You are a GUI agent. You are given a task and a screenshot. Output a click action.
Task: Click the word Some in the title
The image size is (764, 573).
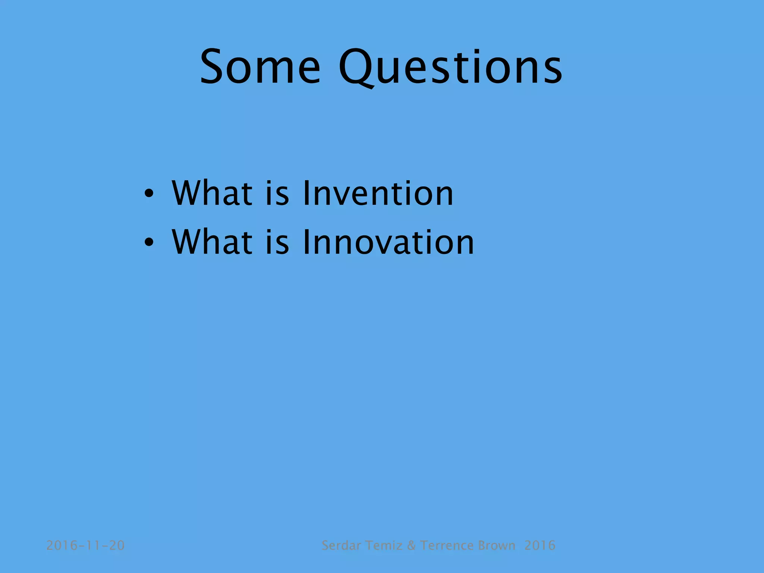[260, 67]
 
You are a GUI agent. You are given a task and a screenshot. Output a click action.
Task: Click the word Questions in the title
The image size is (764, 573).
[451, 67]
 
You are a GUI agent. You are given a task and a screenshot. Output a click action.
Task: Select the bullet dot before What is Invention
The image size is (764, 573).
[149, 194]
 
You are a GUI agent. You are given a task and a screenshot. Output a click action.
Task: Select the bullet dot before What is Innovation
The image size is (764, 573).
[149, 243]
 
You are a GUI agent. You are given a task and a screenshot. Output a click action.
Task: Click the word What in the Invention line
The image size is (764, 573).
[212, 193]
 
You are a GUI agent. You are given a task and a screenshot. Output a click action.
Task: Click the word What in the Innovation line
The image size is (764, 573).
[212, 242]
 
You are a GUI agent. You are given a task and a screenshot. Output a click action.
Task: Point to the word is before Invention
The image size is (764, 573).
[277, 193]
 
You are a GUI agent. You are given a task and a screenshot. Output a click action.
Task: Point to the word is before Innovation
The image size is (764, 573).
[277, 242]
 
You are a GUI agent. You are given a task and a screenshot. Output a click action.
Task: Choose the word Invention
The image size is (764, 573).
[378, 193]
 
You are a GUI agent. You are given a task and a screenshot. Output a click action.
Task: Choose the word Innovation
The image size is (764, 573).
[388, 242]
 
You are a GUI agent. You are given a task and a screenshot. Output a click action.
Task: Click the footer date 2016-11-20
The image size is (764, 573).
[85, 545]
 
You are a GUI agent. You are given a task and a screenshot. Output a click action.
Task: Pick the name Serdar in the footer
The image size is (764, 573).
[341, 545]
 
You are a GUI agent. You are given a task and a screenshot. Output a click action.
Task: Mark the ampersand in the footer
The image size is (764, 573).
[411, 545]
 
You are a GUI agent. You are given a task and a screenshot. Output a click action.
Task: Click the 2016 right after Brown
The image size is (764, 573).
[539, 545]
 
